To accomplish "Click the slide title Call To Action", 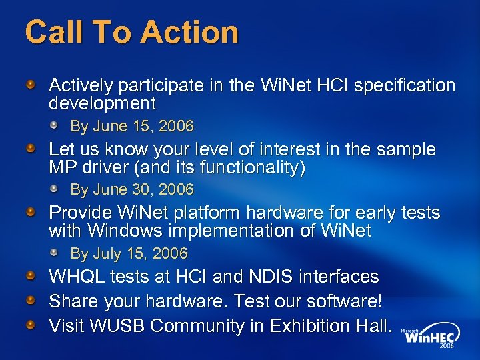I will pyautogui.click(x=131, y=33).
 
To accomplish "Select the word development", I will pyautogui.click(x=102, y=103).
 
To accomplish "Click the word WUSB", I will pyautogui.click(x=122, y=326).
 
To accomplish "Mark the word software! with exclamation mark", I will pyautogui.click(x=347, y=301).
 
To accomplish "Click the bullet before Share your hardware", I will pyautogui.click(x=31, y=301).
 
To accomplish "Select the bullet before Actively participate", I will pyautogui.click(x=31, y=85).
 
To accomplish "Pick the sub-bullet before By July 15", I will pyautogui.click(x=59, y=253).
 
